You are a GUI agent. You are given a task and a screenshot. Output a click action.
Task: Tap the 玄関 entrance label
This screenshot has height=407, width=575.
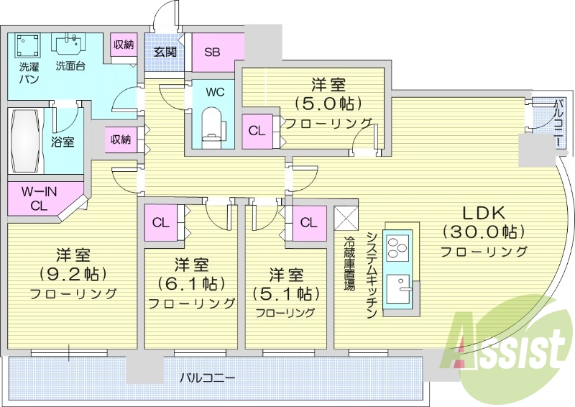165,51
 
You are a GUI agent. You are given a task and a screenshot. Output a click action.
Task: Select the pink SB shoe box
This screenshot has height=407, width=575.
212,52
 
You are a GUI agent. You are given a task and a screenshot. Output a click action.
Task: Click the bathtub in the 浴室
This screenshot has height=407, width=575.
27,140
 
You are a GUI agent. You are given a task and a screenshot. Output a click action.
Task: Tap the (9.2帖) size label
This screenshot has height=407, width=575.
72,274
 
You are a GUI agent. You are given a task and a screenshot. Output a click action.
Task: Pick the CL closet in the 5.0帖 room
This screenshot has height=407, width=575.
256,131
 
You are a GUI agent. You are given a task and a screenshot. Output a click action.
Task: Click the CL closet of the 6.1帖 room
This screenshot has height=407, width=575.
160,222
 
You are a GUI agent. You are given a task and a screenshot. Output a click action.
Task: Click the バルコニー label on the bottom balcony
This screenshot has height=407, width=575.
207,377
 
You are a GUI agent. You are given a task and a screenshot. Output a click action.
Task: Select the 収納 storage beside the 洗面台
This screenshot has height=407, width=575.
123,45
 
